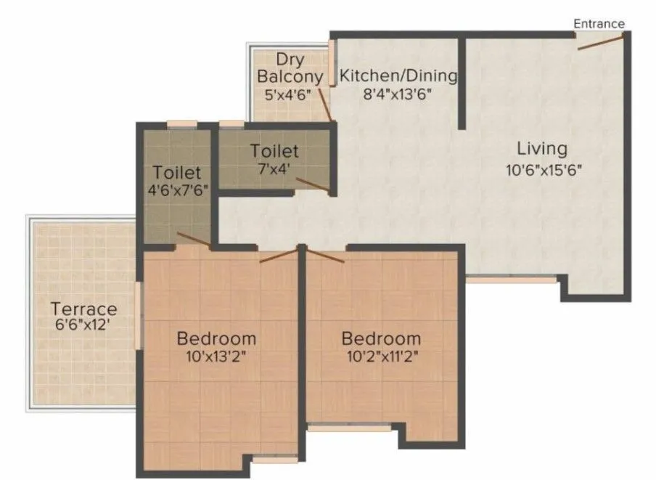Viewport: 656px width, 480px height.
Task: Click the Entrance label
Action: [x=599, y=23]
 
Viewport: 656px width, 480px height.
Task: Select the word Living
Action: [x=541, y=149]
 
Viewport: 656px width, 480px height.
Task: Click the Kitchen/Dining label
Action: [x=398, y=75]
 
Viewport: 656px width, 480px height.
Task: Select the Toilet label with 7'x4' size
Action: [x=274, y=151]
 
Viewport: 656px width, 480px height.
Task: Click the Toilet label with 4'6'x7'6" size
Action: [x=176, y=173]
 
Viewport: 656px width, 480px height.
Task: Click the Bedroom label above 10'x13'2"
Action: [x=217, y=338]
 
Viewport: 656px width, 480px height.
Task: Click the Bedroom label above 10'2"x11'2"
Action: [x=381, y=338]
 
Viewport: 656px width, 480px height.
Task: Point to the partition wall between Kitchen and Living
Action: [x=461, y=84]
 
